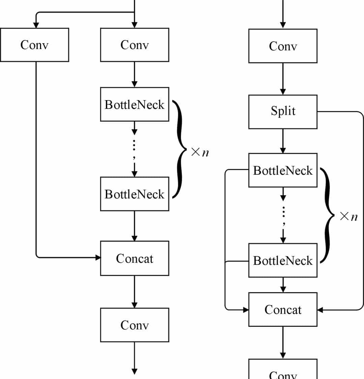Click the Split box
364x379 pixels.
[x=283, y=112]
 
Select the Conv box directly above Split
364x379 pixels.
[x=283, y=46]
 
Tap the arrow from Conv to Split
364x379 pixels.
[x=283, y=79]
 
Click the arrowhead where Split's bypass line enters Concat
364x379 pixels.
[x=321, y=310]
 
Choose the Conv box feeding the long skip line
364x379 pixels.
[x=34, y=45]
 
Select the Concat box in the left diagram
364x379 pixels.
[x=134, y=258]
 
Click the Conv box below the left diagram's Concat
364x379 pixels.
[x=134, y=325]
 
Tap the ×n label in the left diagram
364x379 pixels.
[x=200, y=152]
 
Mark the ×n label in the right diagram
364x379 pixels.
[x=348, y=216]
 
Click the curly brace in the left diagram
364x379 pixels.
[x=179, y=149]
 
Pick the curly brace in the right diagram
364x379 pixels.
[x=327, y=215]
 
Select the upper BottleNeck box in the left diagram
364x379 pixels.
[x=134, y=105]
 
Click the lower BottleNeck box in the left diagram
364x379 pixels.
[x=134, y=194]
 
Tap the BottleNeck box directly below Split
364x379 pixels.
[x=283, y=170]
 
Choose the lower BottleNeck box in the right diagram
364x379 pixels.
[x=283, y=260]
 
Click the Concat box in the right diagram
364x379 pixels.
[x=283, y=310]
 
